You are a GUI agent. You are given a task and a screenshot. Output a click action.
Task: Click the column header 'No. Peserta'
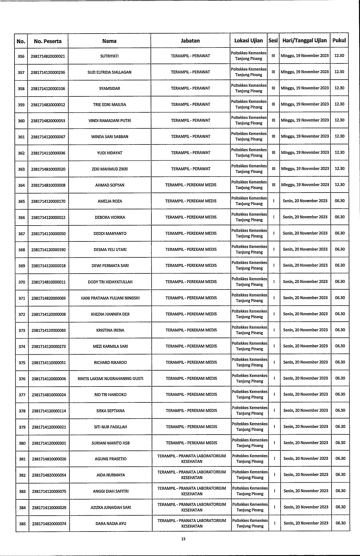tap(48, 41)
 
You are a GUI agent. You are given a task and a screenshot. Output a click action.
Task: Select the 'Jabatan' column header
tap(190, 41)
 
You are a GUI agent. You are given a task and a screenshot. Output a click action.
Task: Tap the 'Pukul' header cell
tap(339, 40)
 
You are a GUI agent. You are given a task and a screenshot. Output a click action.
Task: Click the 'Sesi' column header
tap(273, 40)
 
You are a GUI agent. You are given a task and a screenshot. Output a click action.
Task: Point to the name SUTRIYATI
tap(109, 56)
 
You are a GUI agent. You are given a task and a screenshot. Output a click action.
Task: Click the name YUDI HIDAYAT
tap(110, 153)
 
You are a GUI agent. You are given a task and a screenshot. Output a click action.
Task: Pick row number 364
tap(21, 185)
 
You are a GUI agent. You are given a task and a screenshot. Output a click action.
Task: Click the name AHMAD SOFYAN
tap(110, 185)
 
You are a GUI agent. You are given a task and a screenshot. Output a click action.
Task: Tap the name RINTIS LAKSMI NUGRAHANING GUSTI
tap(110, 379)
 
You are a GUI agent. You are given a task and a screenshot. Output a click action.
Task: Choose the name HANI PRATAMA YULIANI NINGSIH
tap(110, 298)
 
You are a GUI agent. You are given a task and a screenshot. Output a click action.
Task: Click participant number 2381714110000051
tap(49, 363)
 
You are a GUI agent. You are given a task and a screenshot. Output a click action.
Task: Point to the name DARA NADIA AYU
tap(111, 524)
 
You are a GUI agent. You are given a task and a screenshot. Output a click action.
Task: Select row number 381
tap(22, 459)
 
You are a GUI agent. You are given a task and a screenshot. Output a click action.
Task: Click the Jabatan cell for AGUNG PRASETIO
tap(192, 458)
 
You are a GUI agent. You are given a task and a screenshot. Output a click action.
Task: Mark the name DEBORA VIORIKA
tap(110, 218)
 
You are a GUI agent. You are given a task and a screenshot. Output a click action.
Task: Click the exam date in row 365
tap(305, 201)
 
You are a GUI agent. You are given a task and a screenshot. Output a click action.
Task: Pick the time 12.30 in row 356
tap(339, 55)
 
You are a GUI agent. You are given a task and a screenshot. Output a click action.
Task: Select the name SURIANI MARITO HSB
tap(110, 443)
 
